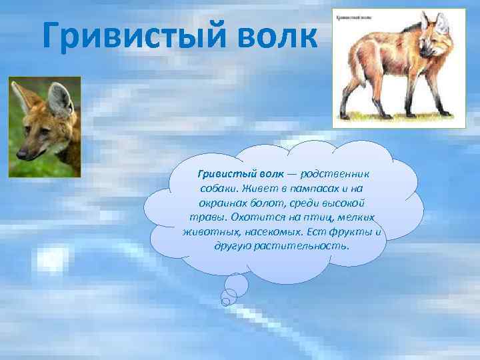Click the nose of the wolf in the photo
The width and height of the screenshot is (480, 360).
pyautogui.click(x=21, y=154)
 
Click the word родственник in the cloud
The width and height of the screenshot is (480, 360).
pyautogui.click(x=337, y=173)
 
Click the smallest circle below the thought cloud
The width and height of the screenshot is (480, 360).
pyautogui.click(x=225, y=301)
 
